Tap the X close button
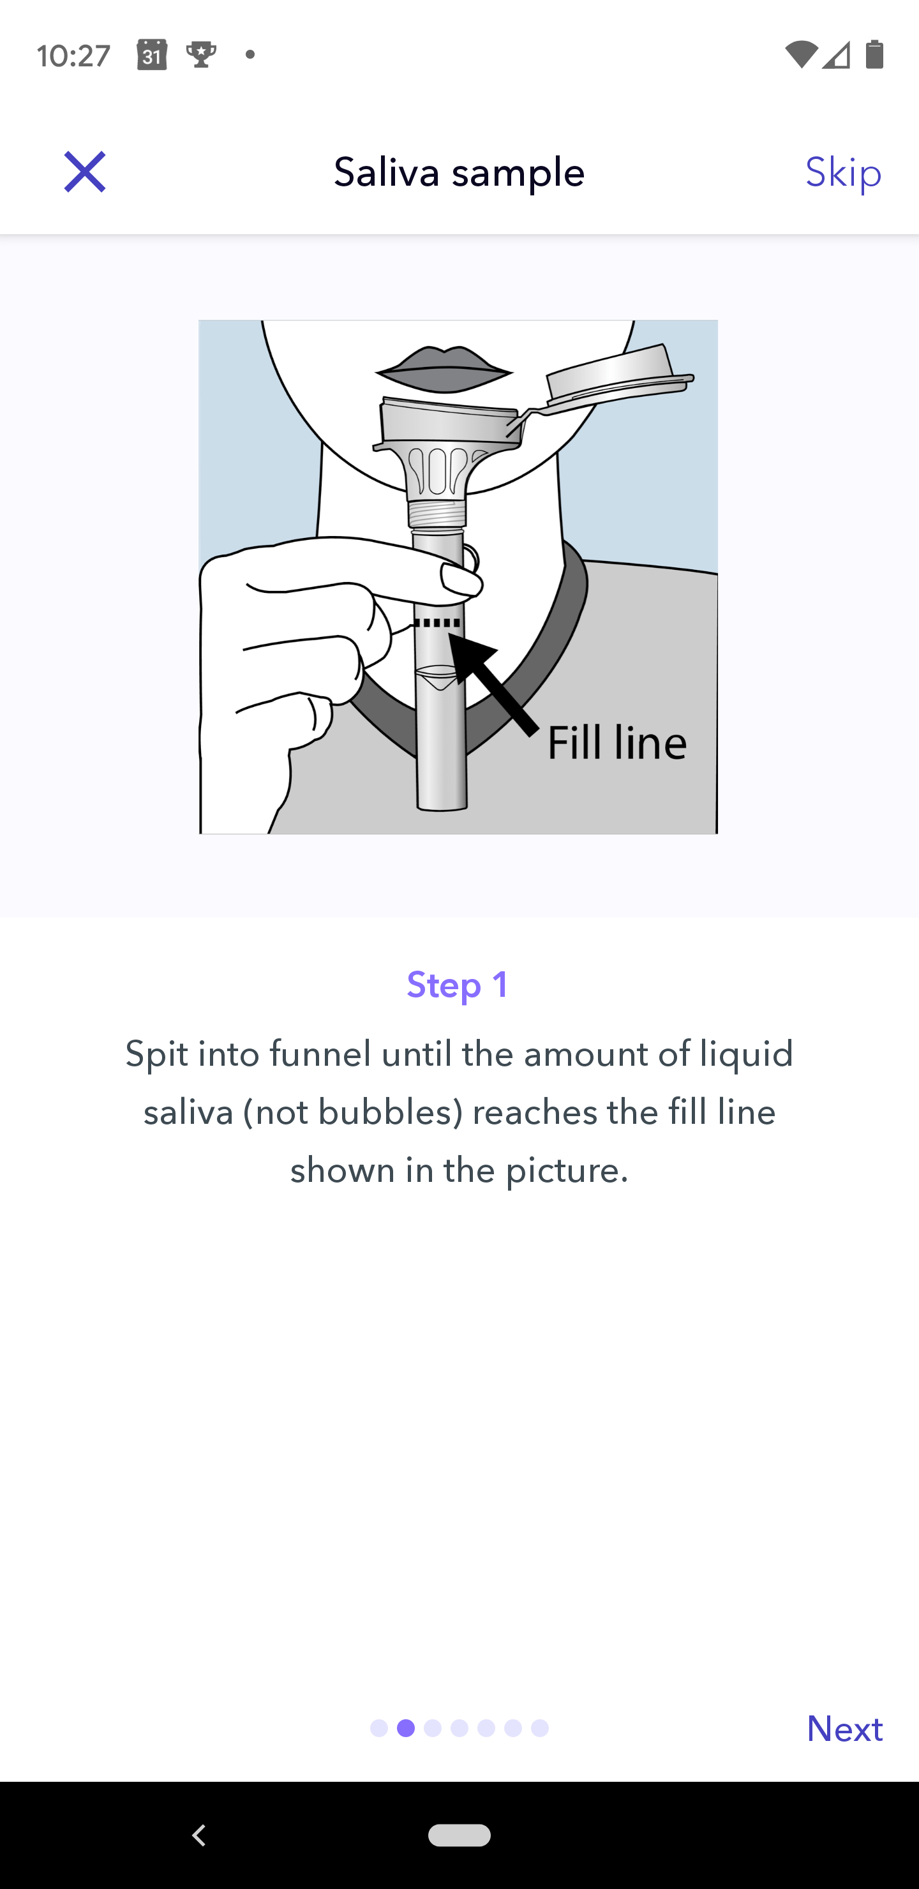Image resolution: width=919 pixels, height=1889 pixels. click(x=85, y=172)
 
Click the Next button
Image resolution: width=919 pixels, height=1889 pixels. click(x=844, y=1728)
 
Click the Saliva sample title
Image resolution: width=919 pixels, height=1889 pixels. click(x=459, y=172)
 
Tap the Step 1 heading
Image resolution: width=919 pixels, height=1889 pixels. click(x=458, y=984)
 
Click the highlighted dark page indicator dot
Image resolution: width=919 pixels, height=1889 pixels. click(x=406, y=1728)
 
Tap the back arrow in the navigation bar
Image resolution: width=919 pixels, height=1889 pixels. click(x=198, y=1835)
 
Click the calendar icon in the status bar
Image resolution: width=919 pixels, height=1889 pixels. click(x=152, y=55)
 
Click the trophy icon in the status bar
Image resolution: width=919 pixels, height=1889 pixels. click(x=201, y=55)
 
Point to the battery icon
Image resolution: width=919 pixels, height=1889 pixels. click(x=874, y=54)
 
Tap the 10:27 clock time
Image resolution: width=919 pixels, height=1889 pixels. click(x=74, y=56)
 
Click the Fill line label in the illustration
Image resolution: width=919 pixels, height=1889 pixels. click(x=617, y=742)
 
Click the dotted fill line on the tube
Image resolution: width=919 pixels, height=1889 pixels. click(x=438, y=623)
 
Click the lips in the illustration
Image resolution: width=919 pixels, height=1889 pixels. click(x=444, y=369)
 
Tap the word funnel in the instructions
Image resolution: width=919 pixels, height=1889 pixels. click(x=320, y=1054)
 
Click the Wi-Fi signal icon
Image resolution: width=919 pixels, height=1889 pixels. click(x=801, y=54)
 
